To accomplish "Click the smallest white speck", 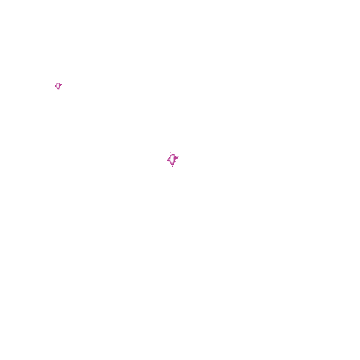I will (x=58, y=86).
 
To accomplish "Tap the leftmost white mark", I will (x=58, y=86).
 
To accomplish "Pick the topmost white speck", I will (x=58, y=86).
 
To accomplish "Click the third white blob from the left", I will (x=172, y=159).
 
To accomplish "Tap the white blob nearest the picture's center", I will (x=172, y=159).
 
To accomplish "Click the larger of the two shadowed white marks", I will (x=172, y=159).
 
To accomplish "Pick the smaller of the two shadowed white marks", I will (x=58, y=86).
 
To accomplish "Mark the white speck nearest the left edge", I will (x=58, y=86).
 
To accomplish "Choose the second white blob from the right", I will (x=172, y=159).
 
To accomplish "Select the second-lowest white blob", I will (x=172, y=159).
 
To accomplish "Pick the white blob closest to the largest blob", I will (x=172, y=159).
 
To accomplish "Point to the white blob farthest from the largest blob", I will (x=58, y=86).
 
